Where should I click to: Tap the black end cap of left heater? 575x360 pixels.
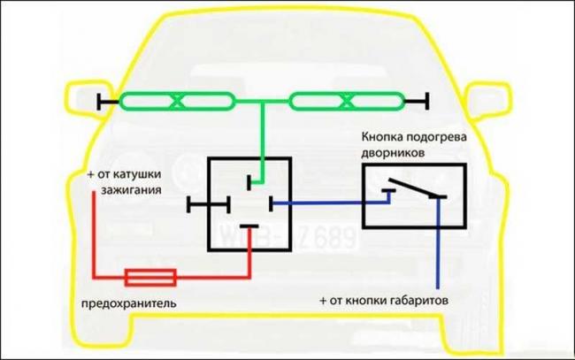(x=102, y=102)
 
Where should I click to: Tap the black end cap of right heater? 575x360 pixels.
(x=427, y=102)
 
